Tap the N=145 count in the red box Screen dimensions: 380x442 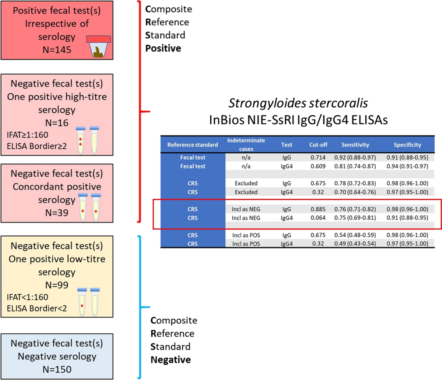coord(57,50)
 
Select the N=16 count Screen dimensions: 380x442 coord(57,123)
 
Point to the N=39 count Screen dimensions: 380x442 coord(57,213)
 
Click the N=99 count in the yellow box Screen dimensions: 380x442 coord(57,285)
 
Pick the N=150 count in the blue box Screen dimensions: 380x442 coord(57,369)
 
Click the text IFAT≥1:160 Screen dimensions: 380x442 coord(28,135)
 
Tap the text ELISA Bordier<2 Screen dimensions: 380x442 coord(37,308)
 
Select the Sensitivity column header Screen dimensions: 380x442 coord(355,145)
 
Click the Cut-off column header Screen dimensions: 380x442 coord(318,145)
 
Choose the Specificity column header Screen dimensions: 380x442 coord(407,145)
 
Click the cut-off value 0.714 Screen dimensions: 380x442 coord(318,157)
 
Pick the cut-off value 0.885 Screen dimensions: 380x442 coord(318,209)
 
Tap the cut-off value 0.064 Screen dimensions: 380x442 coord(318,218)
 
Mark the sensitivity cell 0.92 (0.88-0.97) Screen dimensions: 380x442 coord(355,157)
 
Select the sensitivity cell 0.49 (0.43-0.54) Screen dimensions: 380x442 coord(355,244)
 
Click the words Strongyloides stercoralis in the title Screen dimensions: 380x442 coord(298,103)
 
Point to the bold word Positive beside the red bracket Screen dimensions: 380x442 coord(163,48)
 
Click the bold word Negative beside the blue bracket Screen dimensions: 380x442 coord(171,359)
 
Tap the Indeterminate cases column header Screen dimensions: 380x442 coord(246,145)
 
